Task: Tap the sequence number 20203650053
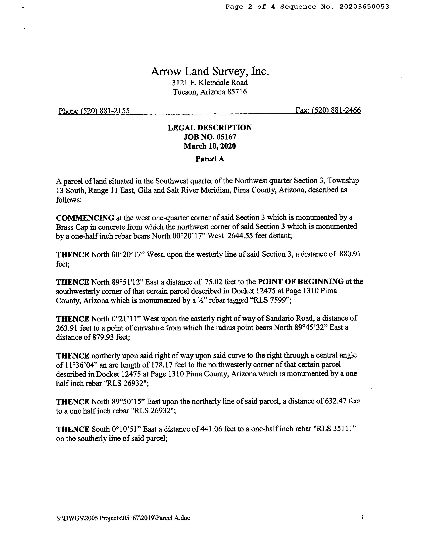(x=364, y=7)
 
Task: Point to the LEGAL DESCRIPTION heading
(x=210, y=128)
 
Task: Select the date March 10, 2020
(x=210, y=146)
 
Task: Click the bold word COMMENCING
(x=85, y=218)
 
